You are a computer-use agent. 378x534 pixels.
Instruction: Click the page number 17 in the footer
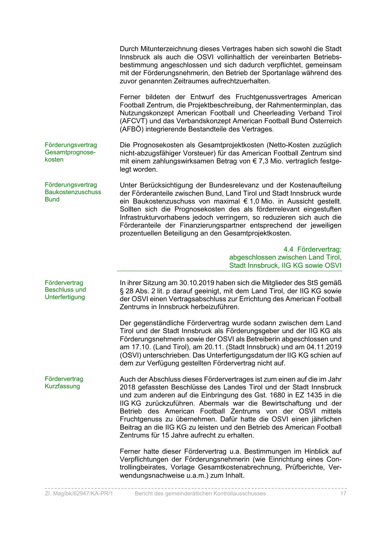[343, 494]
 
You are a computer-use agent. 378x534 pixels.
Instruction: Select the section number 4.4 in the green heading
[288, 249]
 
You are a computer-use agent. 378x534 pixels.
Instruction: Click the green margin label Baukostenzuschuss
[73, 192]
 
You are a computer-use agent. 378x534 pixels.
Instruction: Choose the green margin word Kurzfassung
[62, 386]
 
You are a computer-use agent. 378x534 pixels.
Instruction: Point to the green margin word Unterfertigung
[65, 297]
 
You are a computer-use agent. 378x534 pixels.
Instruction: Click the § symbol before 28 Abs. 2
[122, 291]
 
